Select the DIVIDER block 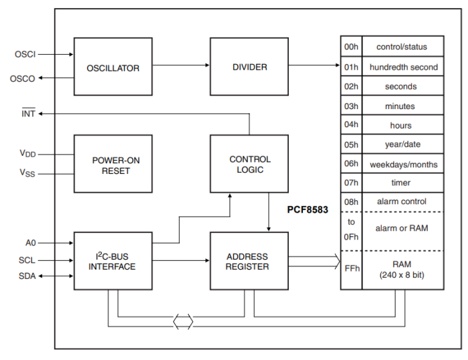[249, 66]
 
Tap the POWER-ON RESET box [113, 165]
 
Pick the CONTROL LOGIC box [249, 164]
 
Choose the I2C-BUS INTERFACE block [113, 261]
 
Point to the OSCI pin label [25, 54]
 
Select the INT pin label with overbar [28, 114]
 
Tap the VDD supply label [27, 154]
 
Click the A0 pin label [29, 242]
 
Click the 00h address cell [351, 47]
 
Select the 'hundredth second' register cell [403, 67]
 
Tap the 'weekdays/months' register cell [403, 164]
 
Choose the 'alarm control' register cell [403, 201]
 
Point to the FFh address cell [351, 270]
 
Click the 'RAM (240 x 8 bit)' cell [403, 270]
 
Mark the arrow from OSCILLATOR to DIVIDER [181, 66]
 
